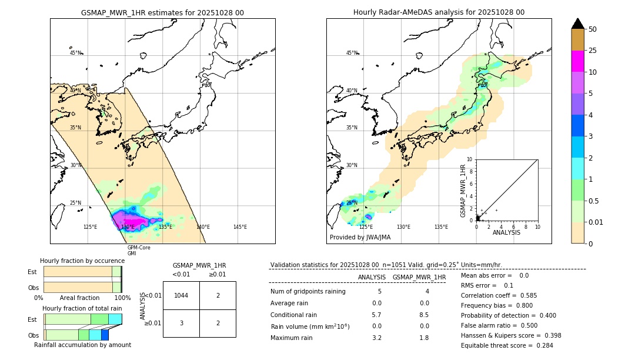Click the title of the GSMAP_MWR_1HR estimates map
coord(162,12)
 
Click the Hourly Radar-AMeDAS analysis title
coord(439,12)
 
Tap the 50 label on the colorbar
coord(593,29)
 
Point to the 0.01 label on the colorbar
coord(596,222)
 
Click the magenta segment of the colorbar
coord(577,61)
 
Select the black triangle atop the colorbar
coord(577,24)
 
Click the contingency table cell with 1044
coord(181,295)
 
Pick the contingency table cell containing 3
coord(181,323)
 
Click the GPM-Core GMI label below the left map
coord(139,250)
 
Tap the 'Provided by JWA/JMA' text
coord(360,237)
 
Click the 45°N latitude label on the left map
coord(76,53)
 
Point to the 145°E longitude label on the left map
coord(240,226)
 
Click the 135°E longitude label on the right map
coord(441,226)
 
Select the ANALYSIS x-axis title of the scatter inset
coord(506,232)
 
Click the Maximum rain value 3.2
coord(377,338)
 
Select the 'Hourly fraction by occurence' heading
coord(82,261)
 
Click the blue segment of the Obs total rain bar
coord(105,335)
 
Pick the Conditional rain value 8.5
coord(424,315)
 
